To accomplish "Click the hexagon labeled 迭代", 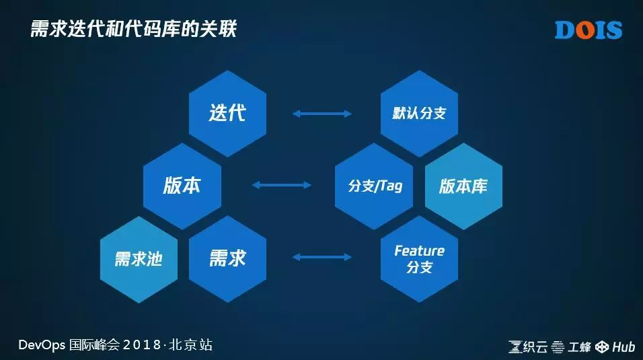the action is click(227, 113).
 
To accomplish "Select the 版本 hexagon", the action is click(182, 186).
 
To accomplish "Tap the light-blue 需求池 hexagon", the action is click(139, 258).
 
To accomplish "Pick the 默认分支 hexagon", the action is click(419, 113).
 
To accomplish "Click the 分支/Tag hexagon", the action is click(375, 186).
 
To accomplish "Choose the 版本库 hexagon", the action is click(463, 186).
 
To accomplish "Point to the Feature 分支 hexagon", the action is click(419, 258).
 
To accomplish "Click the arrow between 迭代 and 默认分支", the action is click(322, 114).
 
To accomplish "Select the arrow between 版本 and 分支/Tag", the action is click(281, 184).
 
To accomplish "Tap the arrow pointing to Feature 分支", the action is click(322, 256).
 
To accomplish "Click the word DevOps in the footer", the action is click(42, 345).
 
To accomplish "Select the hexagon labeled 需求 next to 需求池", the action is click(227, 258).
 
